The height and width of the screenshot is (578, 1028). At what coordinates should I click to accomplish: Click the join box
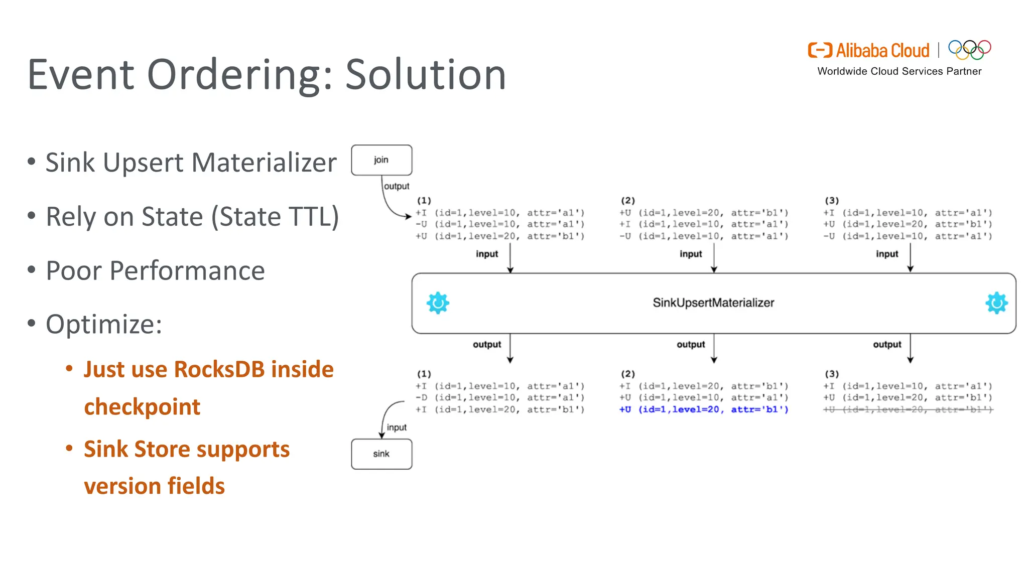[381, 160]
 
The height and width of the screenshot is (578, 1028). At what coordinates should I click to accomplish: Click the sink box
[381, 454]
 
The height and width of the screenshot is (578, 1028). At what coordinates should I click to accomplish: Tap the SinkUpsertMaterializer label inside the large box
[713, 303]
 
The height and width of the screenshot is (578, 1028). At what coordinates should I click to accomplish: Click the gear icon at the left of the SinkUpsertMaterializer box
[438, 303]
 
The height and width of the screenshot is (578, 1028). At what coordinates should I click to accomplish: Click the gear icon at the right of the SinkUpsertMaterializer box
[996, 303]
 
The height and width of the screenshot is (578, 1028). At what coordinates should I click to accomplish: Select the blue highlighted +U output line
[704, 410]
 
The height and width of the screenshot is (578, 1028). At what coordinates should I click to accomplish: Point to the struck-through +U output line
[908, 410]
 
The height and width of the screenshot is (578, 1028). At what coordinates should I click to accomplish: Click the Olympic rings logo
[969, 50]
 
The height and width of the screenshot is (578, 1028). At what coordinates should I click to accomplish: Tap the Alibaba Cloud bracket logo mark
[820, 50]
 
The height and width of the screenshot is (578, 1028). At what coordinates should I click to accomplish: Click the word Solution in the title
[426, 75]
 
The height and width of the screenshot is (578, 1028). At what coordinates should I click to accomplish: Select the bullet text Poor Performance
[155, 271]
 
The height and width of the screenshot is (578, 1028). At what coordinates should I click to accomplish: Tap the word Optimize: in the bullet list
[104, 324]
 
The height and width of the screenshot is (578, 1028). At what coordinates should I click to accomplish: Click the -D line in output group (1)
[500, 398]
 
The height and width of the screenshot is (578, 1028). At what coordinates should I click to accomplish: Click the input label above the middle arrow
[691, 254]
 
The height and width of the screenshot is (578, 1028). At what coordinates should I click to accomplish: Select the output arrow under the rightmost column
[910, 349]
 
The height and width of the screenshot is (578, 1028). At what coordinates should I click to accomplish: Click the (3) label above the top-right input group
[832, 201]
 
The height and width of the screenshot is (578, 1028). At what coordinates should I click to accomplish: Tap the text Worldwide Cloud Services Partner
[899, 71]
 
